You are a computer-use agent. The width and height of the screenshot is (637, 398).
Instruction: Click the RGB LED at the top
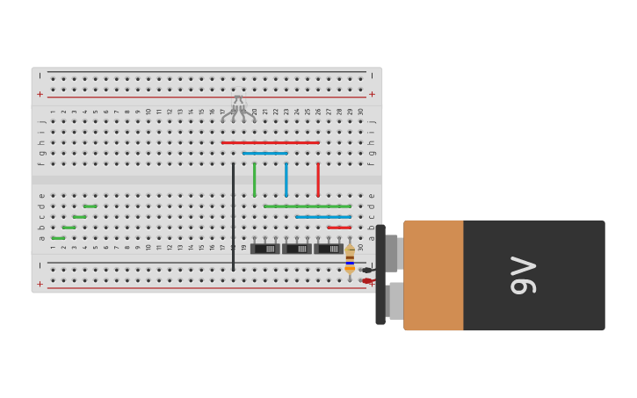pos(238,105)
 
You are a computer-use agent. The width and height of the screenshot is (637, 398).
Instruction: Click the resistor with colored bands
pos(350,258)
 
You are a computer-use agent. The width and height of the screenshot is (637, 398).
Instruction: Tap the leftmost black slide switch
pos(265,249)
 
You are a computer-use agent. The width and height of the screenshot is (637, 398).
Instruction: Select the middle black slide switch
pos(297,249)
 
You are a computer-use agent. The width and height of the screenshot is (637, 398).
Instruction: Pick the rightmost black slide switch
pos(329,249)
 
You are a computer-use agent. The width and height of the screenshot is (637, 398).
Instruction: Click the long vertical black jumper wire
pos(233,215)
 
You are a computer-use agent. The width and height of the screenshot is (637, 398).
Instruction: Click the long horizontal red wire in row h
pos(270,142)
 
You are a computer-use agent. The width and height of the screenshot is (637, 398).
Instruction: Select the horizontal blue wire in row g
pos(265,153)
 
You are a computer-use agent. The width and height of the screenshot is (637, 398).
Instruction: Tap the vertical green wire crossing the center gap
pos(255,179)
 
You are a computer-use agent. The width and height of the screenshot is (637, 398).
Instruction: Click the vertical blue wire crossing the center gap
pos(286,179)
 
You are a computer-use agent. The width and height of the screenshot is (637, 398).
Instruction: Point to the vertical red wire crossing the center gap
pos(318,179)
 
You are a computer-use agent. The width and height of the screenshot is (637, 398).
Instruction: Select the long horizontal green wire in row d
pos(308,206)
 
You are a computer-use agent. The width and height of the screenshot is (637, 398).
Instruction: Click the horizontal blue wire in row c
pos(323,217)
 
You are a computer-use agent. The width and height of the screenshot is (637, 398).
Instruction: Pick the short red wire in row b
pos(339,228)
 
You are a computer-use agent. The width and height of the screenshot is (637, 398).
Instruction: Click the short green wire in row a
pos(58,238)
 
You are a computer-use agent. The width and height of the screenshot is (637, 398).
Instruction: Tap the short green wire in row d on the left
pos(90,206)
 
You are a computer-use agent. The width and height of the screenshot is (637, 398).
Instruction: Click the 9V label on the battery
pos(524,275)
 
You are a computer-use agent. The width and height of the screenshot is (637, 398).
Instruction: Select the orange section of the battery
pos(433,275)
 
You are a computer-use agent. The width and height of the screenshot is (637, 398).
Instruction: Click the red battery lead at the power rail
pos(367,281)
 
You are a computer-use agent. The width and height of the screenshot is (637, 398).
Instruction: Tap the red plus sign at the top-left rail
pos(40,94)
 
